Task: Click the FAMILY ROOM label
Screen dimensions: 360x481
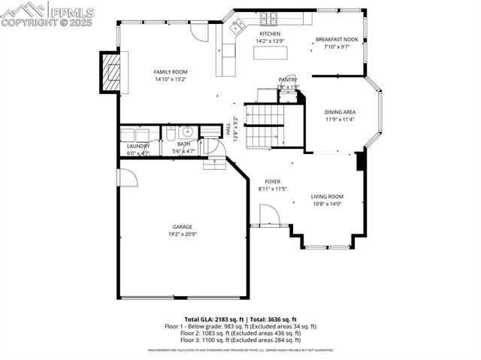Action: click(171, 72)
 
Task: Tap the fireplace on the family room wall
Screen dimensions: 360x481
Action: click(111, 72)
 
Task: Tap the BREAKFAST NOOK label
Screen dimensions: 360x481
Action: click(337, 39)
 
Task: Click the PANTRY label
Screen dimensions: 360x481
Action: click(288, 80)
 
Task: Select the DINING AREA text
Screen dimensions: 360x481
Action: click(340, 112)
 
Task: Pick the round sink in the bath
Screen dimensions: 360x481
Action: click(186, 133)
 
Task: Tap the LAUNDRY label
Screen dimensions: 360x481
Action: click(138, 146)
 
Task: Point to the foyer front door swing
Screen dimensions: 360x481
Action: click(268, 216)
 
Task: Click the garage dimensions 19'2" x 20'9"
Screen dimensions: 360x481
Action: click(183, 234)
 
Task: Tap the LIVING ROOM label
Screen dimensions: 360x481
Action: click(327, 197)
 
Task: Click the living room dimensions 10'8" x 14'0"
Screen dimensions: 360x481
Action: click(327, 204)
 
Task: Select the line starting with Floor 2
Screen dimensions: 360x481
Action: click(240, 333)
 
